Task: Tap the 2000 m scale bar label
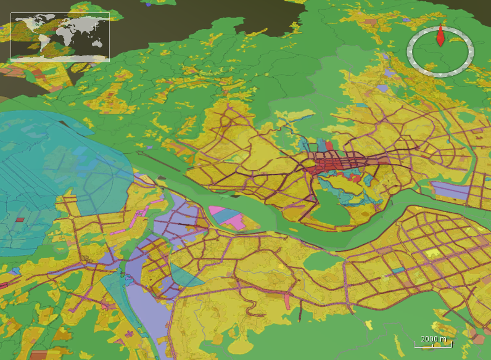click(x=433, y=339)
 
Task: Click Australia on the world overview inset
click(x=97, y=43)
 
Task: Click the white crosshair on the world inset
click(x=96, y=27)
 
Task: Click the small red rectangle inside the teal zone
click(x=20, y=219)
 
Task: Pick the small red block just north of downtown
click(x=329, y=145)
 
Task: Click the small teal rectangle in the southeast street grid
click(x=398, y=270)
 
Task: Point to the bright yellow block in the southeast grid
click(x=432, y=253)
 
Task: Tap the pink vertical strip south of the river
click(x=287, y=300)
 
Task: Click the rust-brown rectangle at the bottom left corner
click(x=38, y=355)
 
